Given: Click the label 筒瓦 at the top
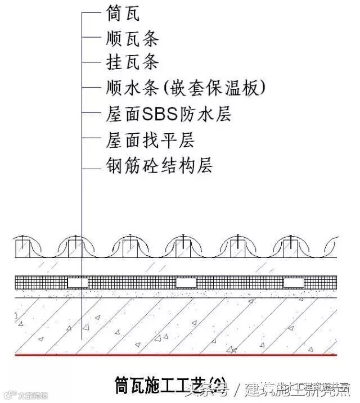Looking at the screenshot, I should click(x=123, y=12).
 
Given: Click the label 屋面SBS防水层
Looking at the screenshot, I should click(x=168, y=114).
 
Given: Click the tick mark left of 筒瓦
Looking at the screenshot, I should click(x=90, y=12).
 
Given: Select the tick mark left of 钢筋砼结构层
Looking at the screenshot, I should click(x=90, y=166).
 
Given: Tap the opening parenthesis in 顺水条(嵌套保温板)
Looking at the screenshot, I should click(x=166, y=88).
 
